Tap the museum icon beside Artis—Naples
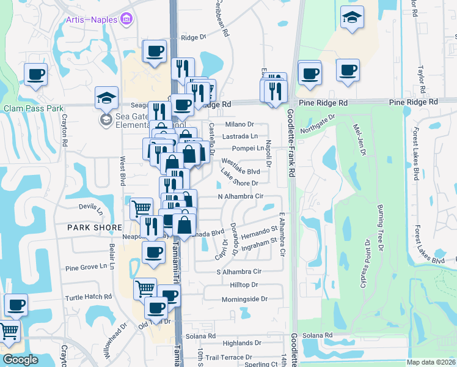tap(127, 20)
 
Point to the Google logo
tap(20, 360)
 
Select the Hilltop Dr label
tap(244, 285)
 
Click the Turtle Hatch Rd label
tap(89, 297)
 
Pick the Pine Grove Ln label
tap(90, 267)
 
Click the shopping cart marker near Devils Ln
tap(142, 209)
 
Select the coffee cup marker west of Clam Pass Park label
tap(35, 75)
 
